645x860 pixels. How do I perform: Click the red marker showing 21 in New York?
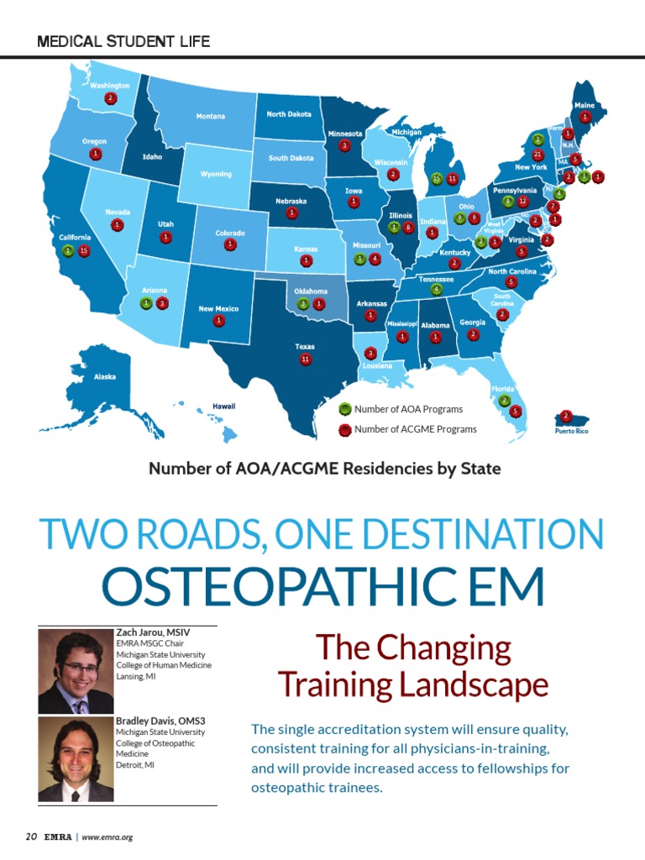point(537,155)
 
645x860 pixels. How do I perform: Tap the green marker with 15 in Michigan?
point(437,178)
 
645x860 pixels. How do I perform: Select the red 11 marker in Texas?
point(306,359)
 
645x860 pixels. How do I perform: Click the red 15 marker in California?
point(84,250)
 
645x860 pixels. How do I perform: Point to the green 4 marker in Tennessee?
point(436,290)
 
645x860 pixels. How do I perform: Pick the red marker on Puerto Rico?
point(566,416)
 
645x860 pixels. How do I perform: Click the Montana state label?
point(211,116)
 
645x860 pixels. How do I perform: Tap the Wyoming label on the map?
point(216,174)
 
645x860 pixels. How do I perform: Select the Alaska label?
point(105,377)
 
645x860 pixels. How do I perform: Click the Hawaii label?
point(223,406)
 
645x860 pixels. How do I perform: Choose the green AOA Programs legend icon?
point(344,409)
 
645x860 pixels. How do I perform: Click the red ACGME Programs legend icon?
point(344,429)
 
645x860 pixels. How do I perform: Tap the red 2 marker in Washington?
point(110,98)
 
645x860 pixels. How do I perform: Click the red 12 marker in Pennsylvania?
point(522,202)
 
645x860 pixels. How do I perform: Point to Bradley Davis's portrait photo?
point(76,759)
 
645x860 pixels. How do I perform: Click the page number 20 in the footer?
point(31,836)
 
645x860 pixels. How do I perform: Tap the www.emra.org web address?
point(107,837)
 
